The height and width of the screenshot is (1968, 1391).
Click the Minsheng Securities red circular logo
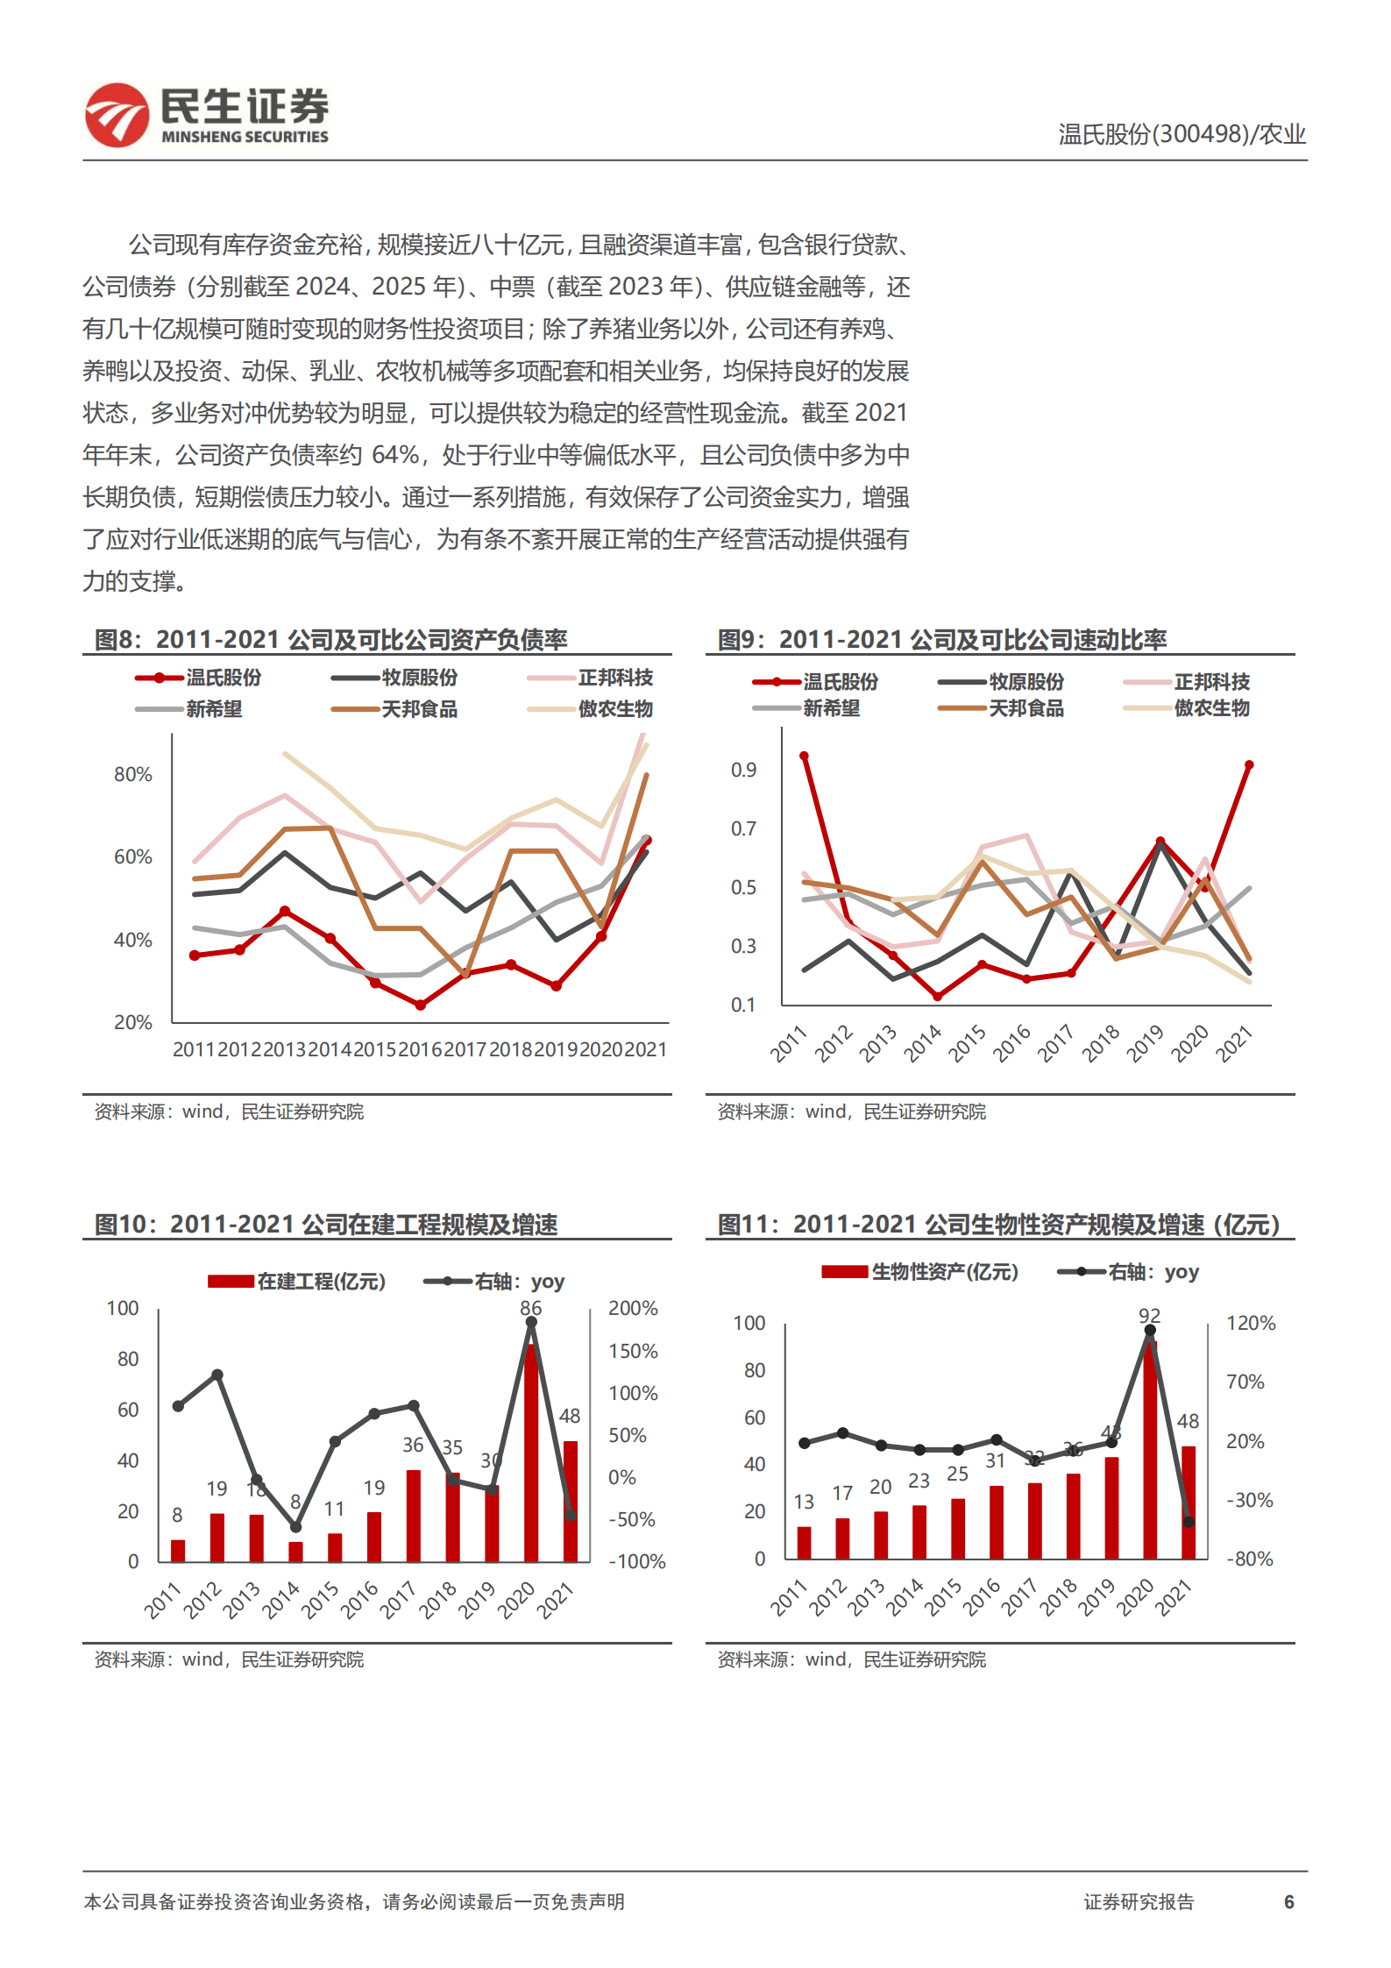[x=117, y=115]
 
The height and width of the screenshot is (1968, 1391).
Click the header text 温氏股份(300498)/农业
[x=1181, y=134]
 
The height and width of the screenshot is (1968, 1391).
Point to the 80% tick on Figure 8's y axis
[x=132, y=775]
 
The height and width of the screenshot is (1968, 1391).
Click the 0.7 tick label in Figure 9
[x=743, y=828]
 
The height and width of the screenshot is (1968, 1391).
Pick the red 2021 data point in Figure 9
[x=1249, y=765]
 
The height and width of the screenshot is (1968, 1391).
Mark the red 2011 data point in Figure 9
[x=804, y=756]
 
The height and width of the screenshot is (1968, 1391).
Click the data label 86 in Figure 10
[x=531, y=1308]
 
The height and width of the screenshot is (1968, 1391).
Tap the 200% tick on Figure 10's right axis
[x=633, y=1308]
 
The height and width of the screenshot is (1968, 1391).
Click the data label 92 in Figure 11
[x=1149, y=1316]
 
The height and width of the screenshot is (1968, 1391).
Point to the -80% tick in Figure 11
[x=1249, y=1559]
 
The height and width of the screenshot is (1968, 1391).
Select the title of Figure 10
[x=326, y=1225]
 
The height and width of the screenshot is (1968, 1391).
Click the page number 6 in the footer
[x=1288, y=1901]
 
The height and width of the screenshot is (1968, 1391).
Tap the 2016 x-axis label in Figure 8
[x=420, y=1049]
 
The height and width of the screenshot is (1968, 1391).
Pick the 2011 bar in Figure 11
[x=804, y=1543]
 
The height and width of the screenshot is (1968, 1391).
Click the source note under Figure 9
[x=851, y=1112]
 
